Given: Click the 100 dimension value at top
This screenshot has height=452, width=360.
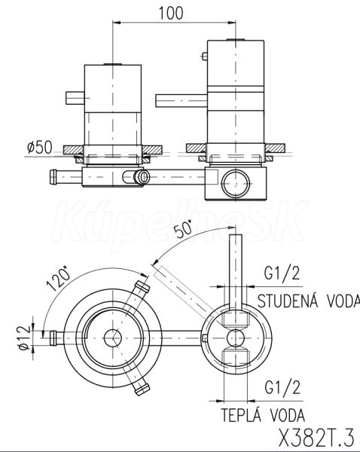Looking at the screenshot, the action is pos(171,13).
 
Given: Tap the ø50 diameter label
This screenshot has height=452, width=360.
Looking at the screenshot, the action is pos(40,148).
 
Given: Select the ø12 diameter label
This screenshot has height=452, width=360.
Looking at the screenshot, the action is pos(24,337).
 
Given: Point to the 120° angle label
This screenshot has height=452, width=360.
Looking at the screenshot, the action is pos(59,279).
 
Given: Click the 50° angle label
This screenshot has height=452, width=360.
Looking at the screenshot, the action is pos(183,228).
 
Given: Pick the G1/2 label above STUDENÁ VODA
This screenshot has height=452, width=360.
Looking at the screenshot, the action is pos(282,273).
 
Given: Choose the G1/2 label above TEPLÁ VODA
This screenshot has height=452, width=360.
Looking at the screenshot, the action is pos(282,387).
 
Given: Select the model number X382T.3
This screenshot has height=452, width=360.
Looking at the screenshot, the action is pos(316,437).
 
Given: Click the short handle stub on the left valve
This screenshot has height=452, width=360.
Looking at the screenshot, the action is pos(75,98).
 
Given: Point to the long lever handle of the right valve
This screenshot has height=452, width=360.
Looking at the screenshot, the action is pos(182,101).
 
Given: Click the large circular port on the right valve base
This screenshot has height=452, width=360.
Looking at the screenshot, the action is pos(236,184).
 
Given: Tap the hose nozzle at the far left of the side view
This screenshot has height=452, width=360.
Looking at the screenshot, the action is pos(53,177).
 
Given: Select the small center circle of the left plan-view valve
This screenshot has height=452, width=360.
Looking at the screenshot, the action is pos(112,337).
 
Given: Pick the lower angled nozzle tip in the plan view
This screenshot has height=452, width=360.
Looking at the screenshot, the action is pos(142,389).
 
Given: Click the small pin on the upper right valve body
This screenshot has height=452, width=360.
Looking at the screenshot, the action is pos(205,56).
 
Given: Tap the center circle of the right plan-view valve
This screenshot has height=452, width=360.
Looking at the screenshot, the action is pos(236,337).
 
